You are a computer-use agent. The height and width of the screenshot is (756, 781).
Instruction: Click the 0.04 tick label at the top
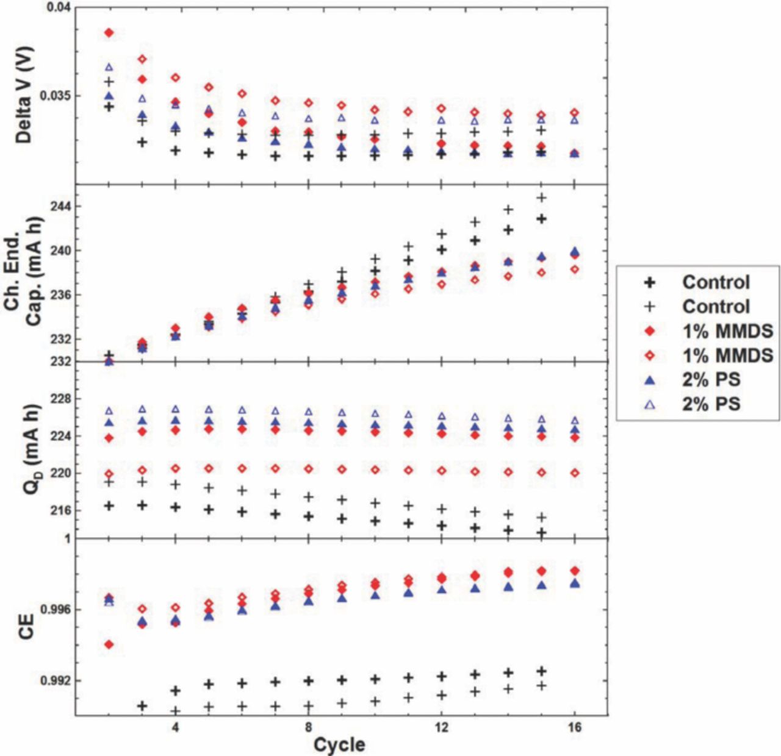click(x=59, y=8)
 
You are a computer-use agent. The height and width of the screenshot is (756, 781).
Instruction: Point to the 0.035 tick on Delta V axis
click(x=56, y=96)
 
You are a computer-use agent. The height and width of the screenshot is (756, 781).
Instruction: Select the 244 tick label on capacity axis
click(x=59, y=206)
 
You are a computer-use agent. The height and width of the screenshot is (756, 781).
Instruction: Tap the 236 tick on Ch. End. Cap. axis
click(x=59, y=295)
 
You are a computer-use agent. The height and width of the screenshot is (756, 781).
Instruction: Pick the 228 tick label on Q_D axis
click(x=59, y=399)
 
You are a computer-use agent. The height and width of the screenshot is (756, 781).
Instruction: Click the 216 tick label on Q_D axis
click(x=59, y=510)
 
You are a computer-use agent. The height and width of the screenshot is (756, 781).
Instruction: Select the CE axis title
click(x=26, y=627)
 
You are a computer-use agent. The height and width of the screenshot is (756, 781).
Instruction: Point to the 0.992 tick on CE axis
click(x=56, y=680)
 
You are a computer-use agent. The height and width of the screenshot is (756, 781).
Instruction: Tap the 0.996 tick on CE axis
click(x=56, y=610)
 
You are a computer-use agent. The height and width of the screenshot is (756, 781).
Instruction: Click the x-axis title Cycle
click(x=339, y=744)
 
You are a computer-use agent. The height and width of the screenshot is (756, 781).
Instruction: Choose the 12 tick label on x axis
click(x=441, y=727)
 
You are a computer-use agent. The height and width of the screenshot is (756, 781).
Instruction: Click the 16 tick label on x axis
click(x=574, y=727)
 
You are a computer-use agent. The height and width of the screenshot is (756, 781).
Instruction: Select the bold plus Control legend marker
click(x=650, y=282)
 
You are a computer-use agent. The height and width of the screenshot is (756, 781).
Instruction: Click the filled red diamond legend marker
click(x=650, y=331)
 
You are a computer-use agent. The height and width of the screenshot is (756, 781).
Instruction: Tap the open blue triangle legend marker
click(x=650, y=404)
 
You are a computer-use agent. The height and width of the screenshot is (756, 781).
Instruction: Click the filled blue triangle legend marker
click(x=650, y=380)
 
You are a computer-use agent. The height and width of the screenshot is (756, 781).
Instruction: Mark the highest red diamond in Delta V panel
click(x=109, y=32)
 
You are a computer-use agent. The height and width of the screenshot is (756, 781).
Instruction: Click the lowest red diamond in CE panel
click(x=109, y=644)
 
